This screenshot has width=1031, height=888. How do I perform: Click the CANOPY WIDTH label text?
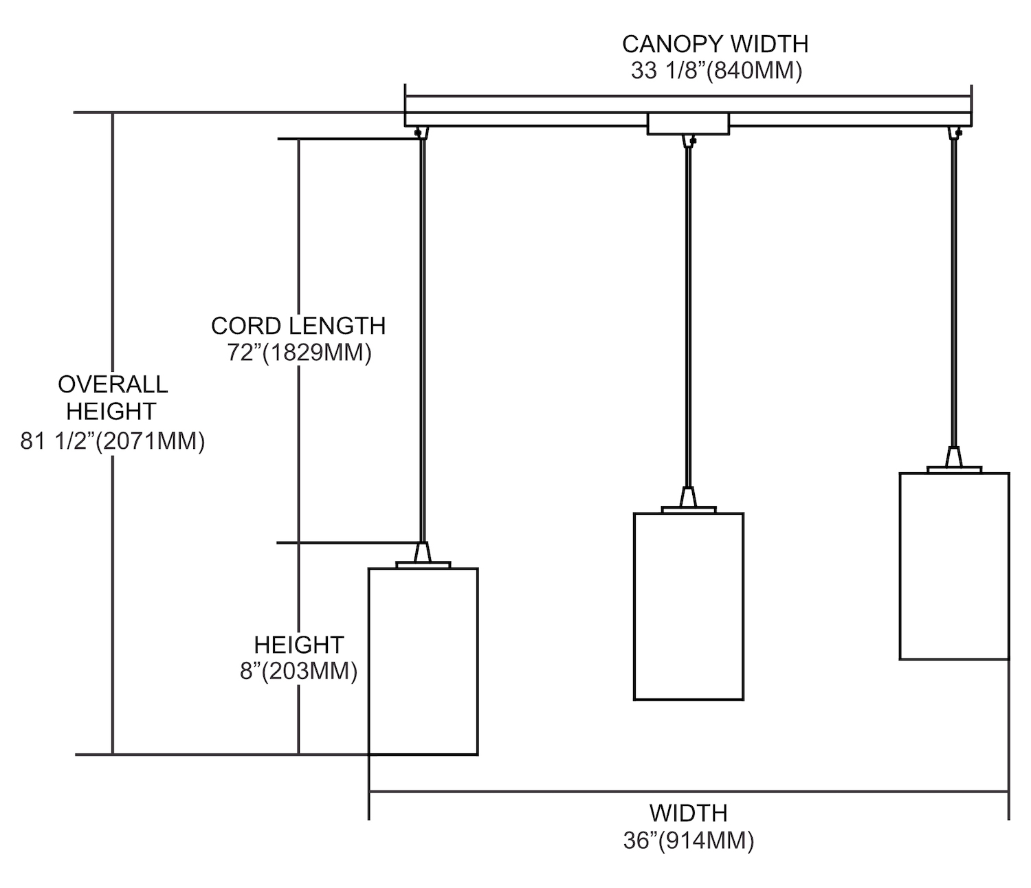[x=715, y=44]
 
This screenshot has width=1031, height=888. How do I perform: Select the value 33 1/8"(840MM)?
[x=716, y=71]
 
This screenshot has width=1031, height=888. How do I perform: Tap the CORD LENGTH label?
[x=298, y=325]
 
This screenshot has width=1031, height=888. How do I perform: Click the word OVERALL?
[x=113, y=384]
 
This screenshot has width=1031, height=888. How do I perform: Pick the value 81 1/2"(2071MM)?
[x=113, y=441]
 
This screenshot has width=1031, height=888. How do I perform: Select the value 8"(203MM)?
[x=298, y=671]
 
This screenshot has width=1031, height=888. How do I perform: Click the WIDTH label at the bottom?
[x=688, y=813]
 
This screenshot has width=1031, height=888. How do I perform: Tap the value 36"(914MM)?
[x=689, y=841]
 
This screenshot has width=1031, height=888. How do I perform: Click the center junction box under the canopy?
[x=688, y=124]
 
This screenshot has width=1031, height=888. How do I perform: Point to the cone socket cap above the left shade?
[x=423, y=552]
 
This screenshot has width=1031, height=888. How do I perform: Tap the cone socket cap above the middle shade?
[x=688, y=497]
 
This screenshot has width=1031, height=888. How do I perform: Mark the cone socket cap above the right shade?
[x=954, y=457]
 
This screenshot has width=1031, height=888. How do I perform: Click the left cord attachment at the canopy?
[x=419, y=131]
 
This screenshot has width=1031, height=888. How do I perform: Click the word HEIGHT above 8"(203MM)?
[x=298, y=645]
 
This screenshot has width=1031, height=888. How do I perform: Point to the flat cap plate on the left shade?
[x=423, y=565]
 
